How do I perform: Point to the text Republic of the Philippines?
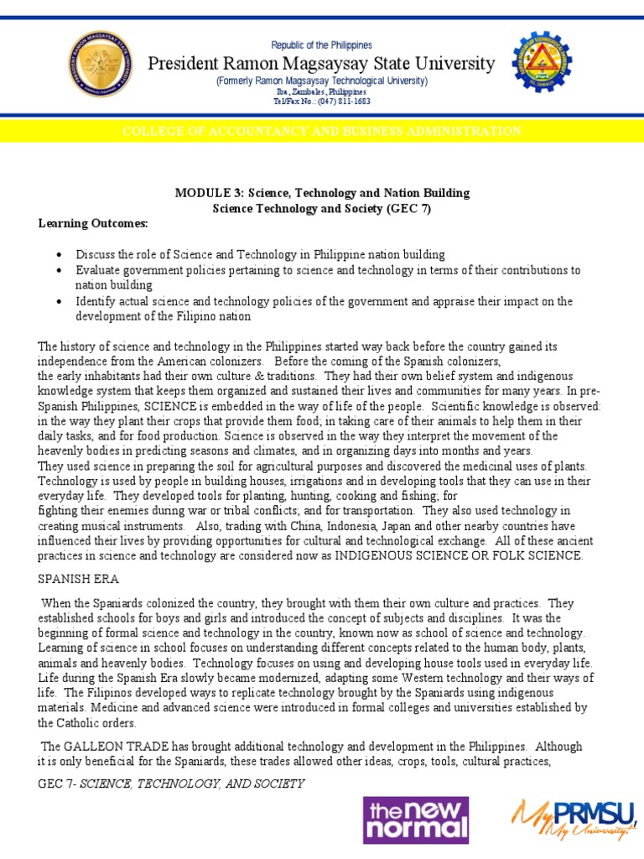tap(321, 45)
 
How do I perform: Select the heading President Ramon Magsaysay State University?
tap(321, 64)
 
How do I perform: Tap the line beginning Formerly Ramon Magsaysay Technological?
tap(321, 81)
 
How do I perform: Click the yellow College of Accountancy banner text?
tap(321, 132)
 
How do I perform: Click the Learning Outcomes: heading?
tap(92, 224)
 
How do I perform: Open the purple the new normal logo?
tap(415, 820)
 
